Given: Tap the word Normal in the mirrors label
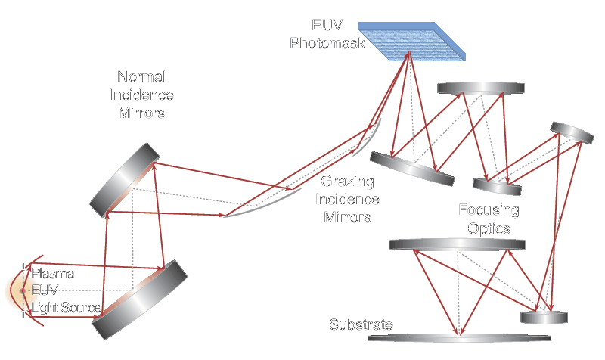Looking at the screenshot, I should (141, 77).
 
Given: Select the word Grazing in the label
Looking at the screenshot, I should (345, 182).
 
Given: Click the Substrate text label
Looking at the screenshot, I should (361, 325).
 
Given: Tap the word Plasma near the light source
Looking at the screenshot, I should (52, 273).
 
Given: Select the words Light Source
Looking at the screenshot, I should (66, 308).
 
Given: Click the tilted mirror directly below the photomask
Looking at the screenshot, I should (413, 167).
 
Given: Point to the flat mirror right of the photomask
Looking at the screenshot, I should (479, 89).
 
